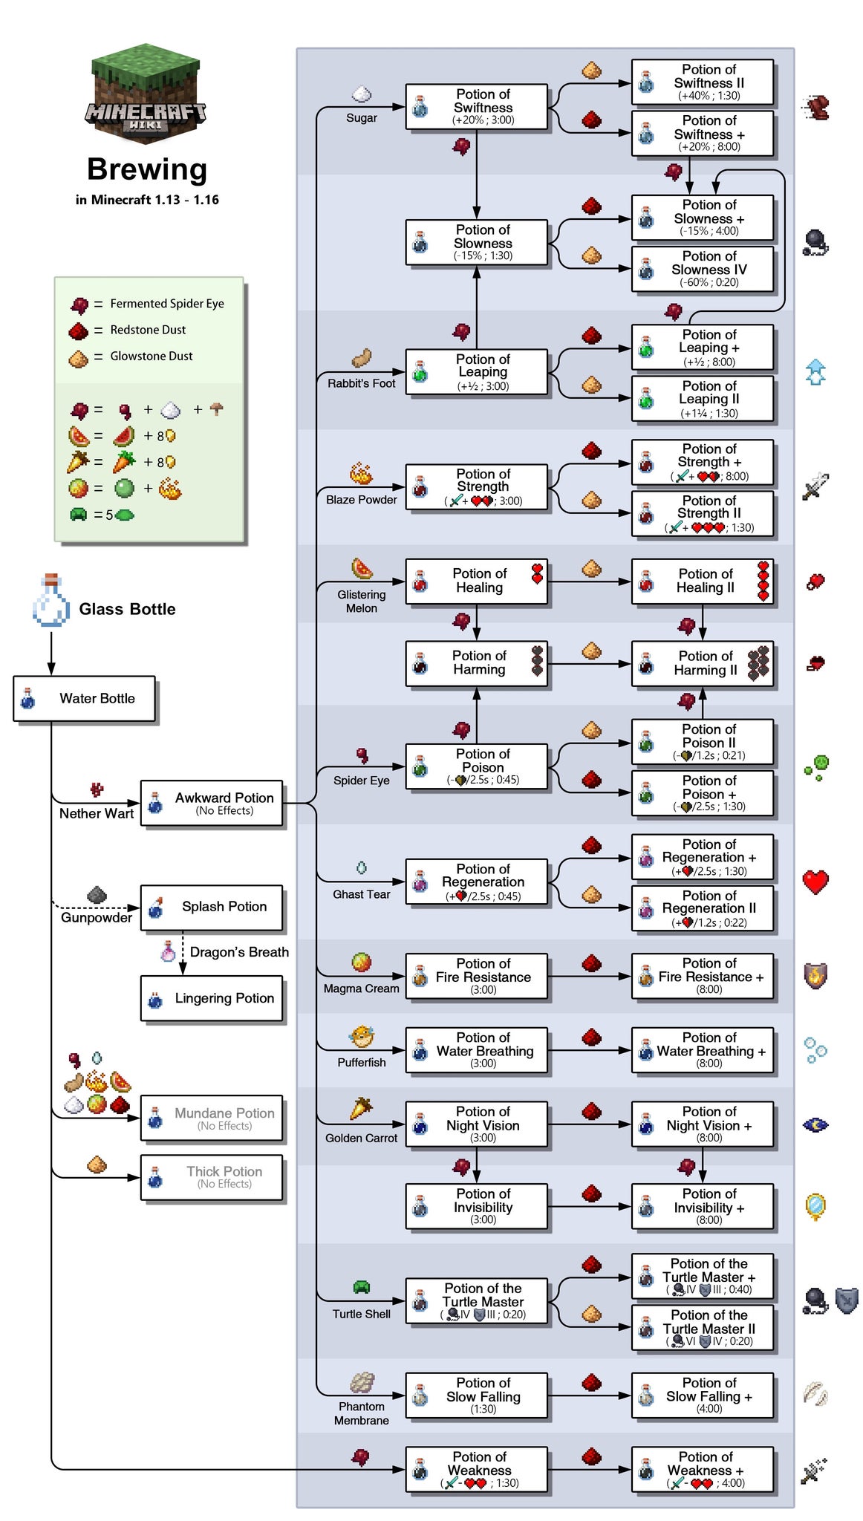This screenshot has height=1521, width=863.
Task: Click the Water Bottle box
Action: click(x=84, y=698)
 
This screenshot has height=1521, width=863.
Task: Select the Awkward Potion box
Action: click(x=212, y=803)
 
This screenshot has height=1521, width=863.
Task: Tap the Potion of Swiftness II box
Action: click(x=702, y=82)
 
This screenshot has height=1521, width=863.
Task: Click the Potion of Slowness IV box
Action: click(x=702, y=269)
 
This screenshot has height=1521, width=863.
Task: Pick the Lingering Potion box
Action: click(x=212, y=999)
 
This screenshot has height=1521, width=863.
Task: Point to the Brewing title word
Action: click(x=146, y=169)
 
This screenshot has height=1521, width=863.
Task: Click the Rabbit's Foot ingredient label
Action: click(x=362, y=383)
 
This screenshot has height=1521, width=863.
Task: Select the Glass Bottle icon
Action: click(x=51, y=602)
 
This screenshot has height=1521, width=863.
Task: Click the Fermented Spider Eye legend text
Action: click(x=167, y=304)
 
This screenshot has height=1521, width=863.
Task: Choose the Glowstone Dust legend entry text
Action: click(x=152, y=356)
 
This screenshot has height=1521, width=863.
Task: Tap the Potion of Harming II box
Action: click(x=702, y=663)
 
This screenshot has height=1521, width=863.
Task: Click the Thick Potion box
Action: click(x=212, y=1177)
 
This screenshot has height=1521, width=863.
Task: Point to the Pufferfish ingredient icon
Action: click(x=362, y=1037)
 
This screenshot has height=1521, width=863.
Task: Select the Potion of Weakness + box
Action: click(x=702, y=1470)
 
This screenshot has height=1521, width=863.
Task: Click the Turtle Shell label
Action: click(x=362, y=1314)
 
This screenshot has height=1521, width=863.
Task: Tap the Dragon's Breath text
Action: click(x=239, y=952)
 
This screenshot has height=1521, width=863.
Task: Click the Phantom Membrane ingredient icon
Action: click(x=362, y=1383)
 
